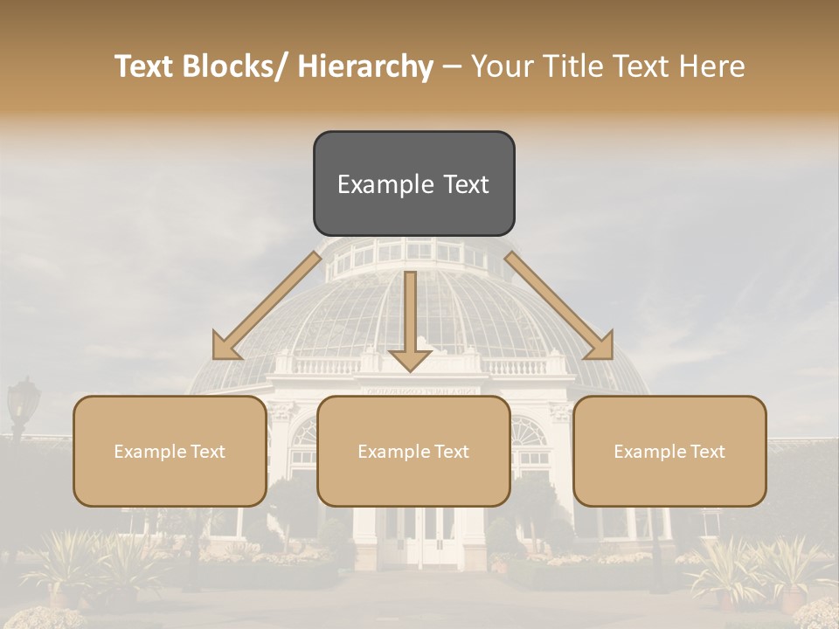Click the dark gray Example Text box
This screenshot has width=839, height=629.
413,183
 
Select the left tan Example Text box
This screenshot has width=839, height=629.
170,451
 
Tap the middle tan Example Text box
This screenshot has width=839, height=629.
413,451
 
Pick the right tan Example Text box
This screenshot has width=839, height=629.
669,451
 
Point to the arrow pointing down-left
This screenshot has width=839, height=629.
267,306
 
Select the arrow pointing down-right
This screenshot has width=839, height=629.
559,306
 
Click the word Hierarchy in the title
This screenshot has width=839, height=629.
365,66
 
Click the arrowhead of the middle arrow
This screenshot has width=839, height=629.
410,358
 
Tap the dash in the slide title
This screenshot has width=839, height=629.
452,66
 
